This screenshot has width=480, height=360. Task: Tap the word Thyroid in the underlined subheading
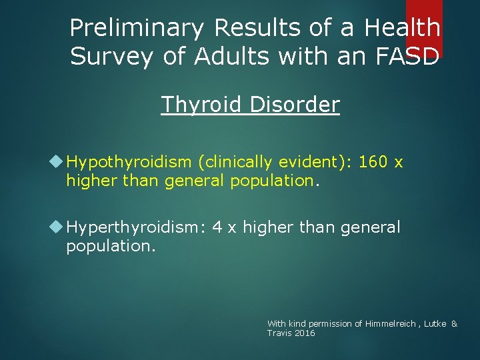pyautogui.click(x=201, y=105)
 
